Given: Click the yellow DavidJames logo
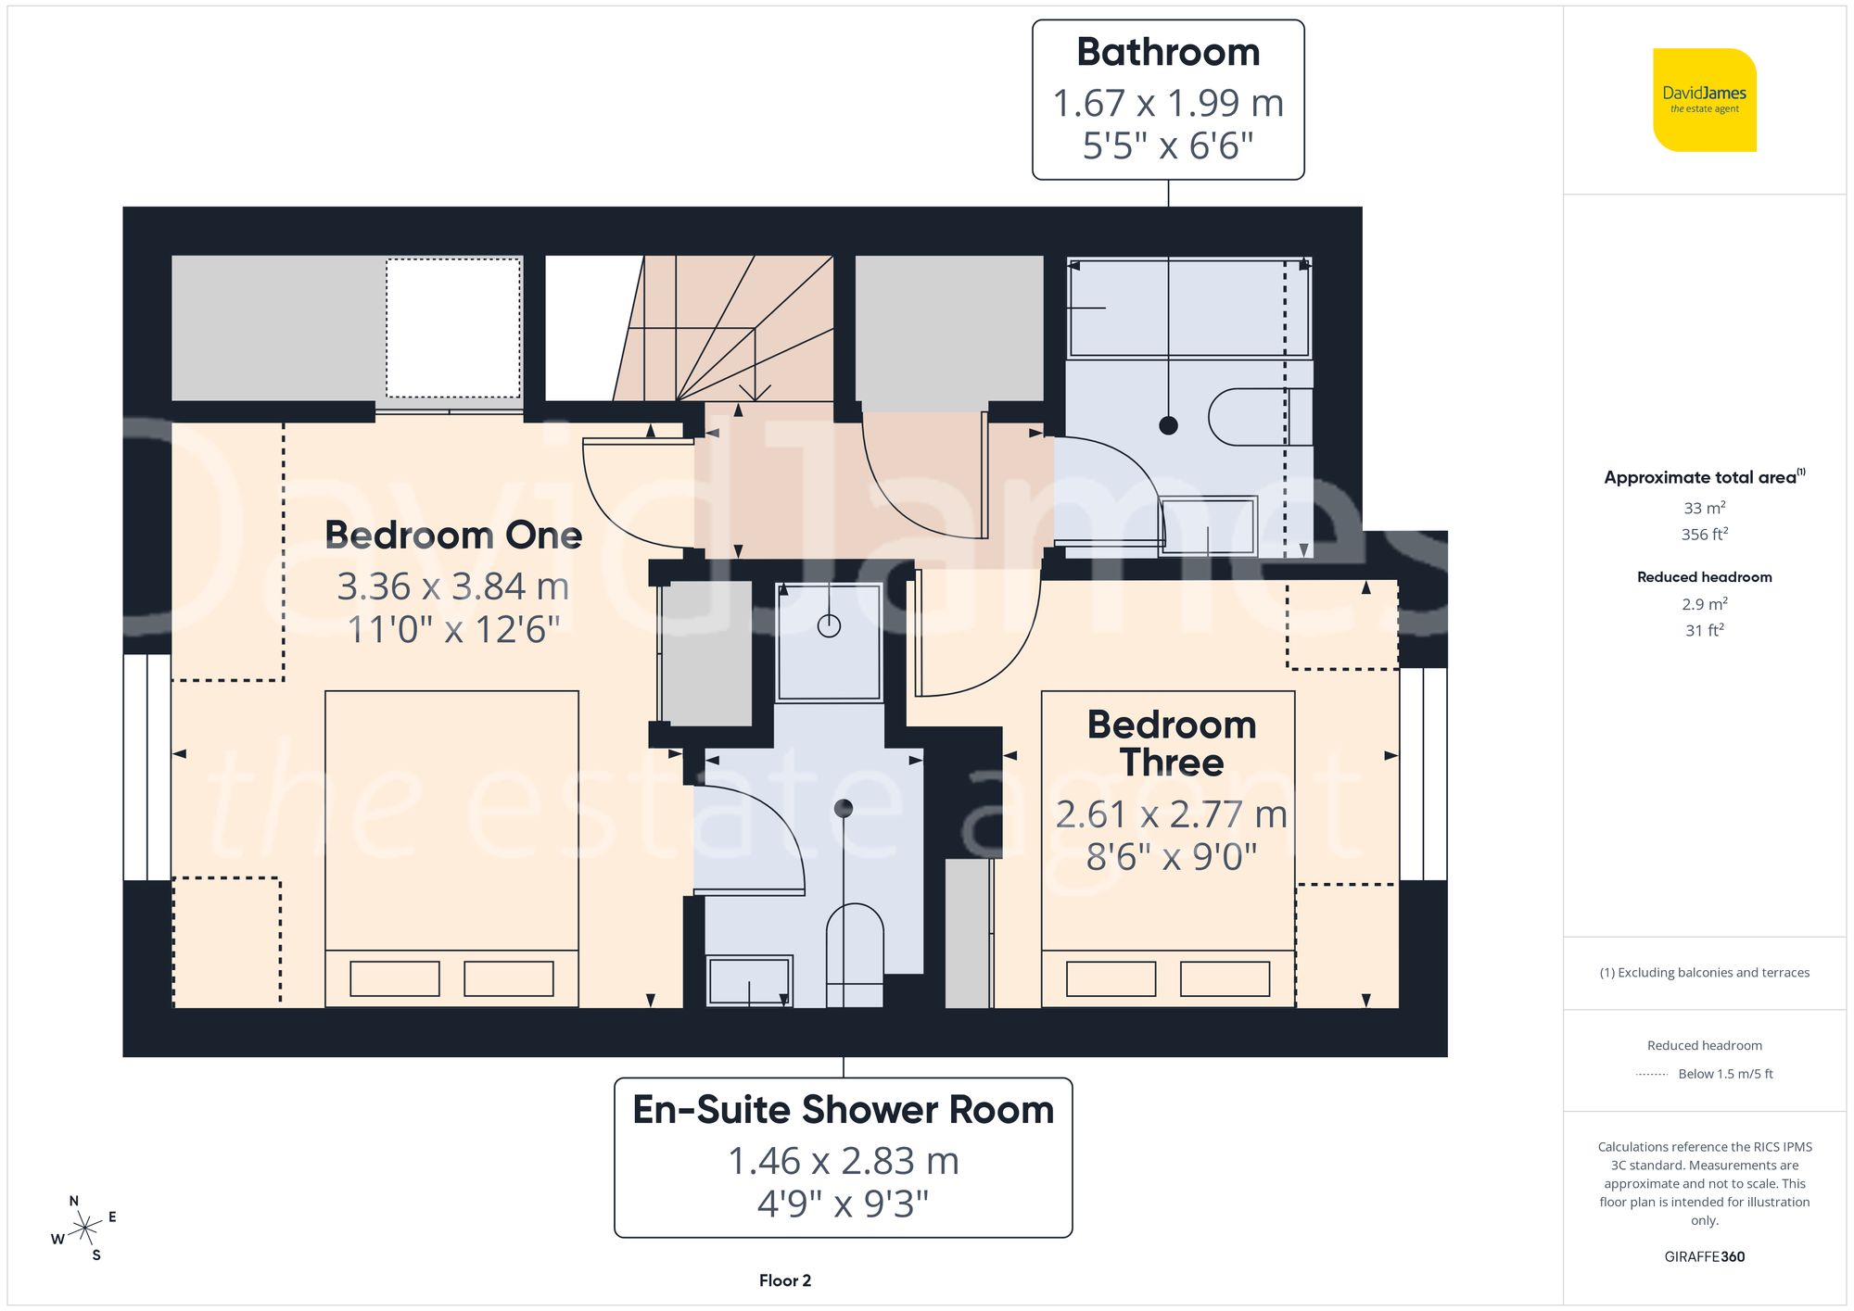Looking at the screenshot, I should coord(1704,100).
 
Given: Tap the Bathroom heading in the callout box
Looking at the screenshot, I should coord(1167,53).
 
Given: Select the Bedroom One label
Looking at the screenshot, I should coord(452,536).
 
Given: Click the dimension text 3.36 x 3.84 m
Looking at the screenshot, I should coord(452,586).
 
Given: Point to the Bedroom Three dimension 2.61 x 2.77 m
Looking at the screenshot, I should coord(1171,814).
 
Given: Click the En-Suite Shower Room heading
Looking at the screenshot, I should coord(843,1110).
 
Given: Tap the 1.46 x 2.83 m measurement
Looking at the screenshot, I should coord(843,1161).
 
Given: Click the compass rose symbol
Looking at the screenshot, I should coord(84,1229).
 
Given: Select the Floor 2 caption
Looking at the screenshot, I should coord(784,1280).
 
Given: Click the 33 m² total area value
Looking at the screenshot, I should coord(1704,508).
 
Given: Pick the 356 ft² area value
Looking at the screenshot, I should coord(1704,535).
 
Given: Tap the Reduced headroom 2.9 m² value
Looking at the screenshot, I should coord(1704,604).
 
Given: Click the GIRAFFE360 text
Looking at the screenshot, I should coord(1704,1256).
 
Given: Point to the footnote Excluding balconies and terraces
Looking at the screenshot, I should coord(1704,973).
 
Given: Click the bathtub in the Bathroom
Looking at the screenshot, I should coord(1188,309).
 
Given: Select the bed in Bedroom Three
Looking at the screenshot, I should coord(1167,848).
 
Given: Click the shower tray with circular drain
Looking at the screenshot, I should coord(828,642).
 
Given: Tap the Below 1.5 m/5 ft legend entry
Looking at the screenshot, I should coord(1724,1074).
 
